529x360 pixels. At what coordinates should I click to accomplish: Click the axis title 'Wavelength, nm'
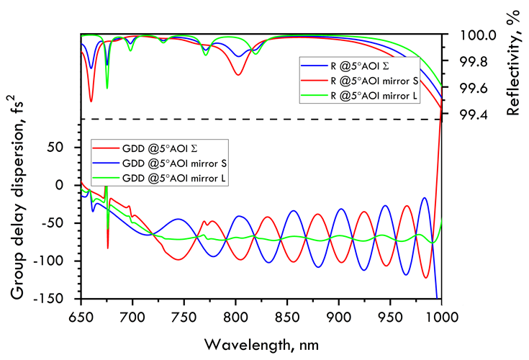coord(261,340)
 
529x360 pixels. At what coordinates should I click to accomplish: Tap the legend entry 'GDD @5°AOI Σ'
coord(154,148)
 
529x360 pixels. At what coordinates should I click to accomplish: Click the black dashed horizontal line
coord(259,119)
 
